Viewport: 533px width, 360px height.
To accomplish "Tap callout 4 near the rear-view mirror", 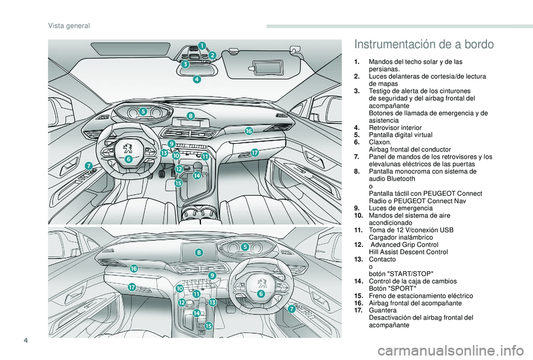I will [197, 80].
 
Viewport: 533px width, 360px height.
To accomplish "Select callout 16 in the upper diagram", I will [249, 130].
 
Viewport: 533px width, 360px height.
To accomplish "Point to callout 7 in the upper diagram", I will [88, 166].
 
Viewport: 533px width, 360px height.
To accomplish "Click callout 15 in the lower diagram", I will [209, 326].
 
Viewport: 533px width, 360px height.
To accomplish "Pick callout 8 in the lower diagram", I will [199, 252].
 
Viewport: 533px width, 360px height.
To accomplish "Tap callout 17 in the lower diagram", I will [132, 287].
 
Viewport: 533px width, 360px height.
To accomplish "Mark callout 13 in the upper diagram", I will [164, 152].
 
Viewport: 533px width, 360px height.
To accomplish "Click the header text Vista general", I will [69, 26].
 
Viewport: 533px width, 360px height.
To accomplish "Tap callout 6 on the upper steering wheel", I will [128, 159].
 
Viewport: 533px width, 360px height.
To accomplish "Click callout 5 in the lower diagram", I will [244, 246].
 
